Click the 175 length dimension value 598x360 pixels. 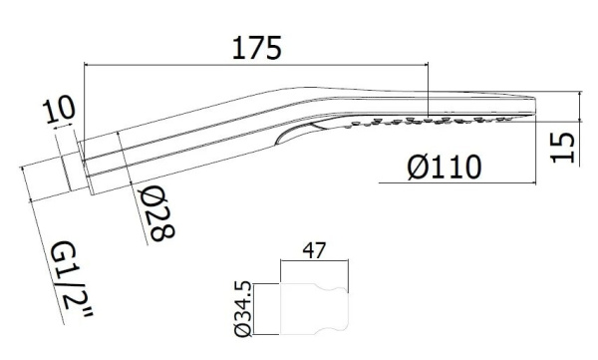(x=257, y=47)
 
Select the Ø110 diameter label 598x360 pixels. (x=445, y=168)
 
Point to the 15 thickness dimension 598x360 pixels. (x=562, y=148)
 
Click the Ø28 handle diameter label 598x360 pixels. (x=156, y=213)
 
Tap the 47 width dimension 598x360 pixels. (x=314, y=250)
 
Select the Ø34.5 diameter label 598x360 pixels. (x=243, y=309)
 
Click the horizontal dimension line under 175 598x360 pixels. (x=256, y=65)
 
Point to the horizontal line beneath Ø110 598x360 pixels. (x=457, y=183)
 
